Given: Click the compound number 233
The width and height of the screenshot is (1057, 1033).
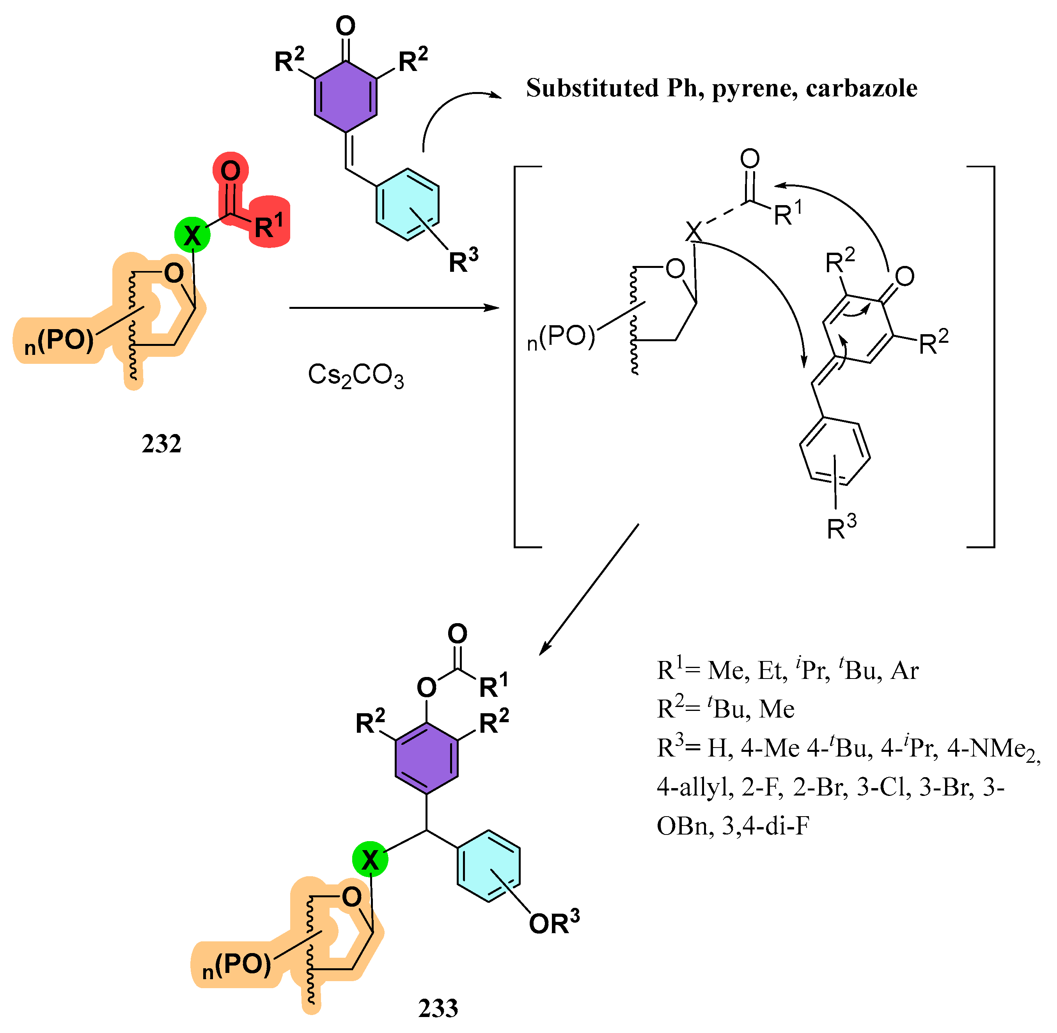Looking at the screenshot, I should click(438, 1008).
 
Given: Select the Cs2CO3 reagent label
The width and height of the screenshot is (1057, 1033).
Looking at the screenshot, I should click(355, 376).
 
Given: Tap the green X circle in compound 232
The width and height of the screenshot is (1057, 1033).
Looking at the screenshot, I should click(192, 235).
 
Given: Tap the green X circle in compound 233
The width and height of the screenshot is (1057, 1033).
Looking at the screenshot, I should click(370, 859).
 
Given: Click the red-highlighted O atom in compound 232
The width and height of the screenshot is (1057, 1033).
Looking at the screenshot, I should click(231, 170).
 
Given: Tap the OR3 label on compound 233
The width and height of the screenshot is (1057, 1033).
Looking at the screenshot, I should click(553, 923).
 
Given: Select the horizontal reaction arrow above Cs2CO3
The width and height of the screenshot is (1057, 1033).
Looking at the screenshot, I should click(394, 308).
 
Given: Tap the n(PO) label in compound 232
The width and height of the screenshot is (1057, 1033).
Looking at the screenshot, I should click(60, 341).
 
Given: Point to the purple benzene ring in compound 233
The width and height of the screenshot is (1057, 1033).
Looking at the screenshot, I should click(426, 758).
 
